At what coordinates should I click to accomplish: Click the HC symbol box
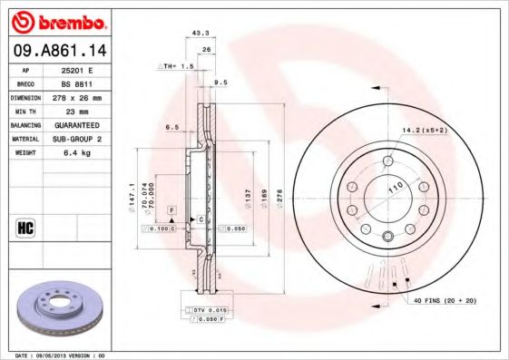24,227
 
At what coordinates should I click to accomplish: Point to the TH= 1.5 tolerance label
178,66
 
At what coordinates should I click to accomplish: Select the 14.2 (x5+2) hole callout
425,131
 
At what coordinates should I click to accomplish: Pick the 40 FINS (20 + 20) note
445,299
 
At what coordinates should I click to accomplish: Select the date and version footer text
61,355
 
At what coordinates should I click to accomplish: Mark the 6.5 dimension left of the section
171,128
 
